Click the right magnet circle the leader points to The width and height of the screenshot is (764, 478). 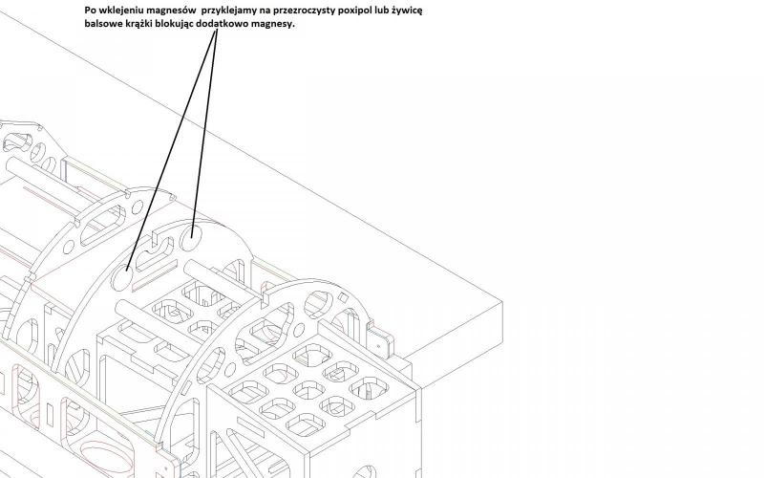click(194, 230)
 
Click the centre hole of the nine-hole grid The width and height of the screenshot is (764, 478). click(308, 389)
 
